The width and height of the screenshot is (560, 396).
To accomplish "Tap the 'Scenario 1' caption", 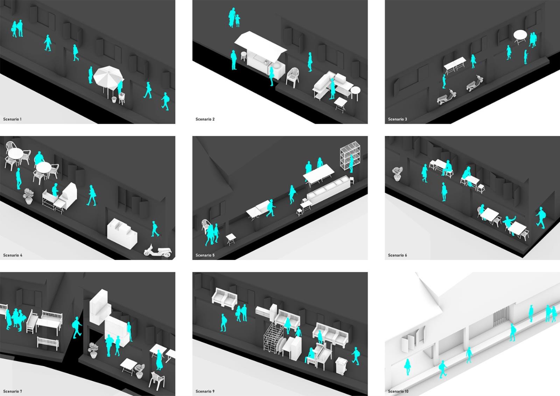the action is click(x=12, y=119).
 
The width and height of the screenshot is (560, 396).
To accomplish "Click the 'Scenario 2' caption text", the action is click(x=205, y=119).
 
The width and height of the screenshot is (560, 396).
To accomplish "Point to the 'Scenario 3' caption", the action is click(x=398, y=119).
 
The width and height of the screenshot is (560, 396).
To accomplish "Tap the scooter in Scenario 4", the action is click(x=158, y=251).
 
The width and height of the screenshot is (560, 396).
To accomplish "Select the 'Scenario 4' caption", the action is click(x=13, y=255).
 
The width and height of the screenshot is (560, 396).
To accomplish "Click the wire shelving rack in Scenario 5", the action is click(x=350, y=155).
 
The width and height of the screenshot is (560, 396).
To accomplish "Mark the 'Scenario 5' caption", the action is click(x=205, y=255).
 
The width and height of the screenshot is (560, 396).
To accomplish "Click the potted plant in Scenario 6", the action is click(x=397, y=174).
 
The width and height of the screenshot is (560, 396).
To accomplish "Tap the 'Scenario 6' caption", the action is click(x=398, y=255).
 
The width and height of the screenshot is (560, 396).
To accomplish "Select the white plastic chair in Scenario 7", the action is click(x=157, y=381).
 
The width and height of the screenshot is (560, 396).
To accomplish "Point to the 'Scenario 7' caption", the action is click(x=13, y=391).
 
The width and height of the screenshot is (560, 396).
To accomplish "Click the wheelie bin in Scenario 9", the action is click(x=342, y=366).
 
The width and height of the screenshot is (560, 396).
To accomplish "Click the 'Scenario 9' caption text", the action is click(x=205, y=391).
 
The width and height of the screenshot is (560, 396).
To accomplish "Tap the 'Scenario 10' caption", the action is click(x=398, y=391).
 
